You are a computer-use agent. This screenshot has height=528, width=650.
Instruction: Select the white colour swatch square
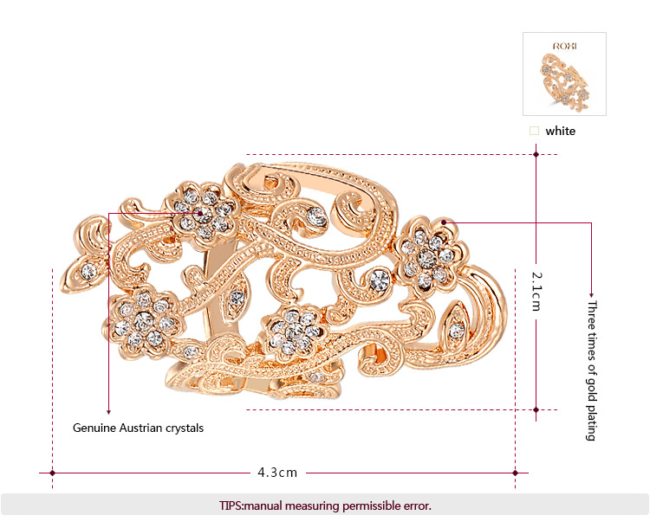coord(534,132)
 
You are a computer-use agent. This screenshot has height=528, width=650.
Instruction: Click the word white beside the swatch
coord(560,132)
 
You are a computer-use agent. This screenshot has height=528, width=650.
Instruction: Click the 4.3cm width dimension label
coord(277,473)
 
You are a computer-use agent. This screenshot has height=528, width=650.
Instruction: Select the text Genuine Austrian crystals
coord(138,428)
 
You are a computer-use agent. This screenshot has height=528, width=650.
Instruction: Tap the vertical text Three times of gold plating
coord(592,370)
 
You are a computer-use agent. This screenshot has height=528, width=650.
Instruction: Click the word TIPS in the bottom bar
coord(232,505)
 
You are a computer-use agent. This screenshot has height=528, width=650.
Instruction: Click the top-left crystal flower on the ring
coord(202,210)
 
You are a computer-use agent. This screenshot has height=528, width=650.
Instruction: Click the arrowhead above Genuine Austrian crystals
coord(109,412)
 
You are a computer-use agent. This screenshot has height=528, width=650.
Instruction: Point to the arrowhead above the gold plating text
coord(592,293)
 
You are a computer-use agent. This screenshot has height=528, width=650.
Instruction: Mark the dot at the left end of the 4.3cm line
coord(53,473)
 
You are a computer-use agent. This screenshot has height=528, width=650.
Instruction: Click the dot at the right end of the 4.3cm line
coord(516,473)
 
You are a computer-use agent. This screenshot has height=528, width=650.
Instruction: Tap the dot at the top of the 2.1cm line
coord(536,155)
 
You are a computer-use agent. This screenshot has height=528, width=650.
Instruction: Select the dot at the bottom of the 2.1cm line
coord(536,409)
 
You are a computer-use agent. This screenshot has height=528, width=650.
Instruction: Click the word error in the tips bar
coord(414,505)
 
